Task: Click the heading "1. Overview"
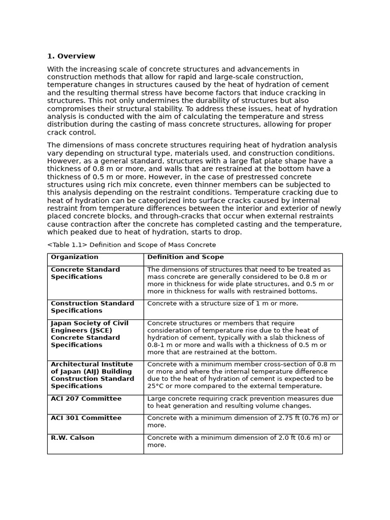pyautogui.click(x=71, y=56)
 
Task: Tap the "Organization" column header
pyautogui.click(x=75, y=257)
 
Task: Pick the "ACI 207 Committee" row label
pyautogui.click(x=86, y=399)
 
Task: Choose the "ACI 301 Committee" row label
pyautogui.click(x=86, y=418)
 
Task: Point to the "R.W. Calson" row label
pyautogui.click(x=73, y=438)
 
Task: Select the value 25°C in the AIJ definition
pyautogui.click(x=156, y=386)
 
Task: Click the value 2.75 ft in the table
pyautogui.click(x=281, y=418)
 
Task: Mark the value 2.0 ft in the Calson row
pyautogui.click(x=279, y=438)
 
